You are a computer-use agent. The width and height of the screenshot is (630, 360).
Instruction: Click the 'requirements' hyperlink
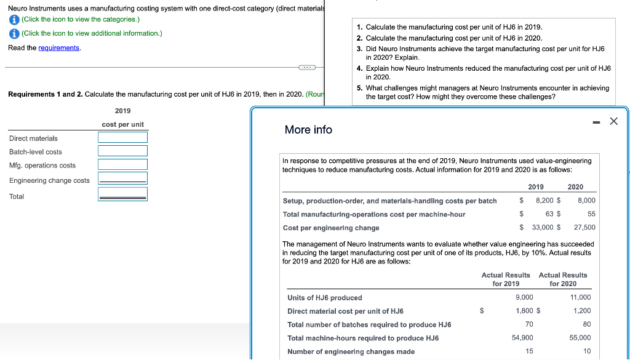[x=58, y=48]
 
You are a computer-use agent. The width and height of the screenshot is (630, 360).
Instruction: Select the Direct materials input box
[x=122, y=137]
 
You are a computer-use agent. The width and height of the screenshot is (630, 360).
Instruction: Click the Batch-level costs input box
[x=122, y=151]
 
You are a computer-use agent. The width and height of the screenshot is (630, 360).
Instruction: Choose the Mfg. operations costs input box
[x=122, y=164]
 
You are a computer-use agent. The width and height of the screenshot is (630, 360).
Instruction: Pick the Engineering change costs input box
[x=122, y=178]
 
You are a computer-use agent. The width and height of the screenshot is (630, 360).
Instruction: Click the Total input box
[x=122, y=194]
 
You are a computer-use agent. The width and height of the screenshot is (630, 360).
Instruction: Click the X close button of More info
[x=613, y=122]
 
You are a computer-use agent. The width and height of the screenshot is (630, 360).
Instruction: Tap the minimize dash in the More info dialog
[x=594, y=122]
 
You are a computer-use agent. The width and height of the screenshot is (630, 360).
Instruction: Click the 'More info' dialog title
[x=308, y=130]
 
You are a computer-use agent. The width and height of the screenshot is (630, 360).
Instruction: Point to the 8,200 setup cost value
[x=548, y=201]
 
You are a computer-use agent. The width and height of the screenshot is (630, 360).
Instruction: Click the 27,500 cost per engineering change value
[x=584, y=228]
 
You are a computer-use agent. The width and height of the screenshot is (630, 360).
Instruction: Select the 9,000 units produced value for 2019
[x=524, y=297]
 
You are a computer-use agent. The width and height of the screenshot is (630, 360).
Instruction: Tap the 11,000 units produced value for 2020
[x=580, y=297]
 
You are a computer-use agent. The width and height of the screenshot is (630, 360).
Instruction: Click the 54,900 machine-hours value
[x=522, y=338]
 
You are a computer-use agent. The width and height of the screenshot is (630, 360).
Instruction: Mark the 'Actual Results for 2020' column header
[x=563, y=279]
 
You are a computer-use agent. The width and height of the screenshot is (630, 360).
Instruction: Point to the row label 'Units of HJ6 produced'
[x=324, y=298]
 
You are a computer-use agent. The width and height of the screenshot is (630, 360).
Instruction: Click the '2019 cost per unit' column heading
[x=122, y=118]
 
